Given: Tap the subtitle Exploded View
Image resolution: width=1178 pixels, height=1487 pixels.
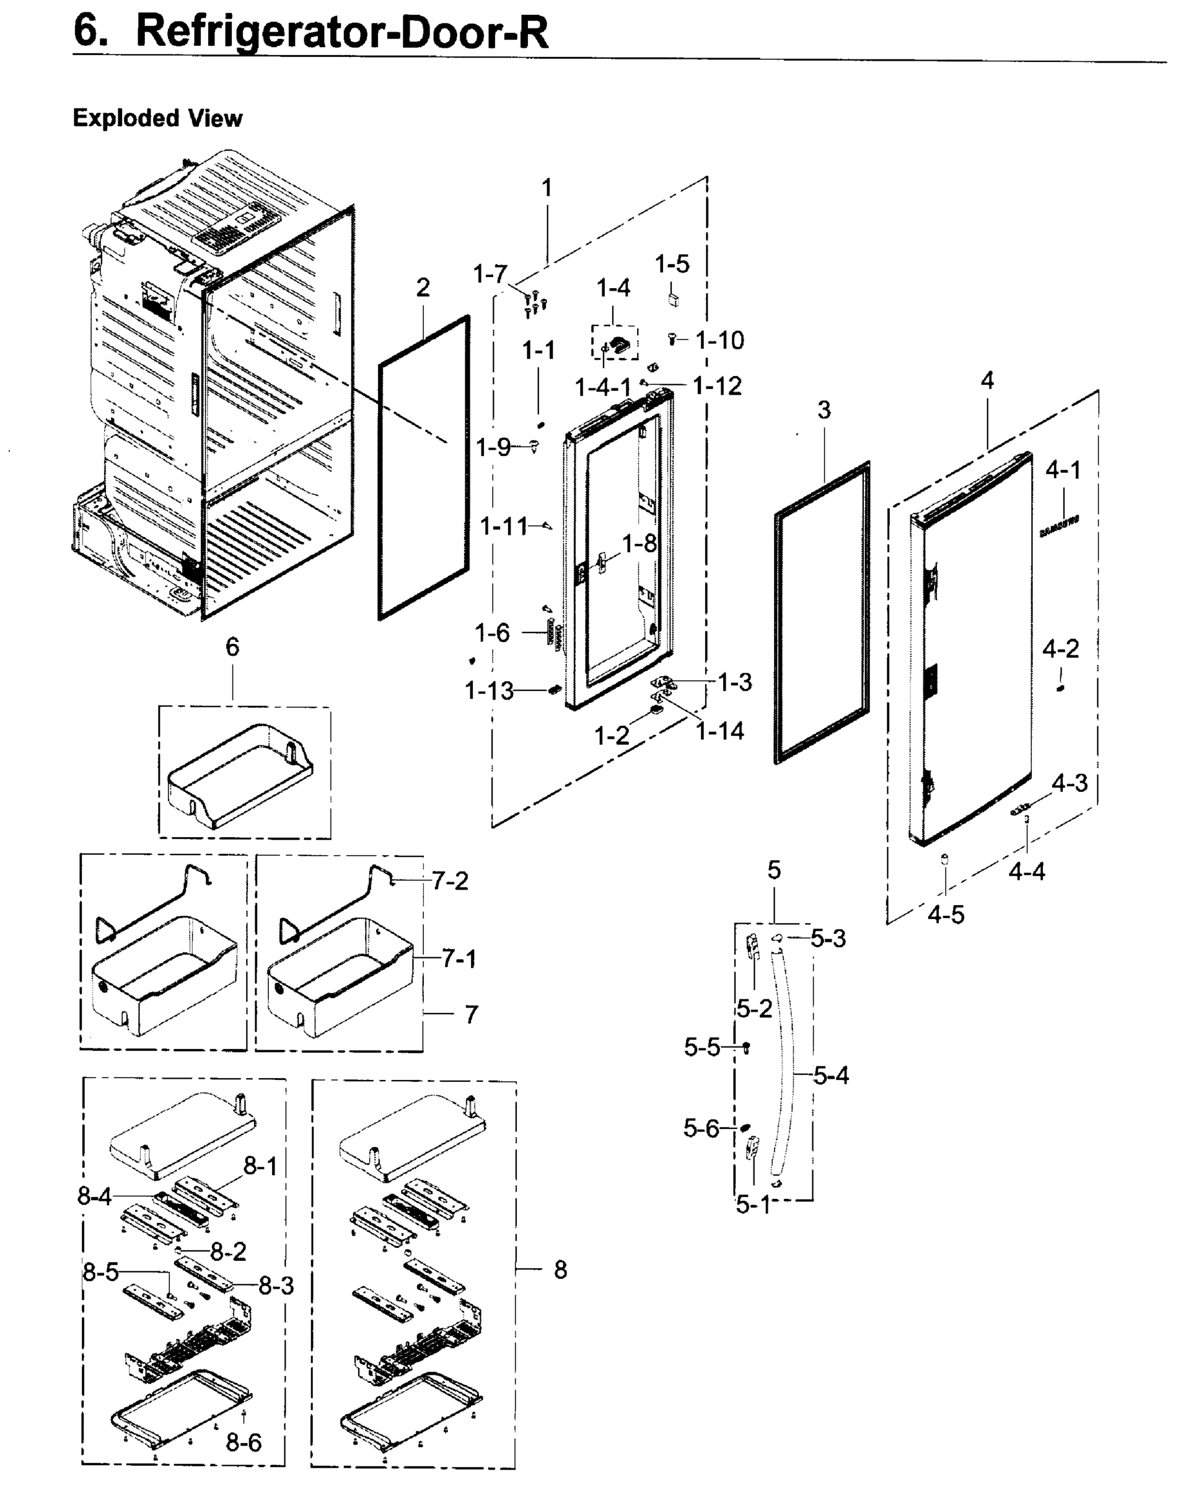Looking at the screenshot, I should point(157,118).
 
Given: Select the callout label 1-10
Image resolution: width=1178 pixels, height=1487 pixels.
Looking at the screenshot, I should point(719,340).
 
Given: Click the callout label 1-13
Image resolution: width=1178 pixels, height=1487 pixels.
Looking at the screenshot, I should point(489,690).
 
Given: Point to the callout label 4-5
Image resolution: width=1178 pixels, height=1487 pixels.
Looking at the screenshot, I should point(946,915).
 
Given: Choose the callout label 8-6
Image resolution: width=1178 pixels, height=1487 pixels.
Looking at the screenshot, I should point(244,1442).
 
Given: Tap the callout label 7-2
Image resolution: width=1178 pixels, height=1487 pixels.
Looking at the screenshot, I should point(451,881).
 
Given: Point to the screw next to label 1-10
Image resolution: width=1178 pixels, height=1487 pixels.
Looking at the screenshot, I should point(673,338).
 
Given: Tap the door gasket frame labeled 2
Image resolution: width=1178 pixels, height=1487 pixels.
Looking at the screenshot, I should point(423,468).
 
